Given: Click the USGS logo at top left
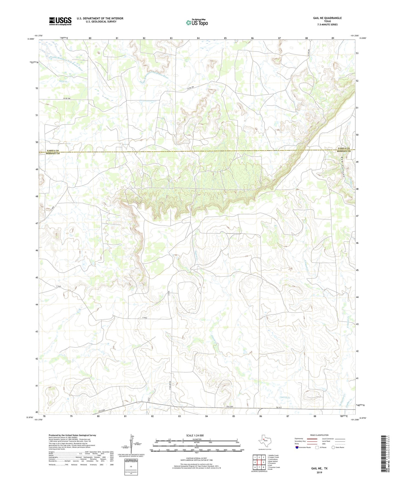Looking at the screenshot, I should (60, 21).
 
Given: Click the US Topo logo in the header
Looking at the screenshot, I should (196, 22).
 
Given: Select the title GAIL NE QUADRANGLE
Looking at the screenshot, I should (327, 18).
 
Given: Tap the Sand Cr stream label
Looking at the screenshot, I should (63, 81).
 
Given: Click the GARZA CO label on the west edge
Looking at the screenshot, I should (53, 151).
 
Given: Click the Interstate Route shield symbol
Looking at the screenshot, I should (297, 447).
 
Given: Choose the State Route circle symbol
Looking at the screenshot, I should (333, 447).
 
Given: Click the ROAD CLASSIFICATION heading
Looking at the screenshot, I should (319, 435).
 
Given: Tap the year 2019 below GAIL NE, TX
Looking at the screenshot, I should (319, 472).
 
